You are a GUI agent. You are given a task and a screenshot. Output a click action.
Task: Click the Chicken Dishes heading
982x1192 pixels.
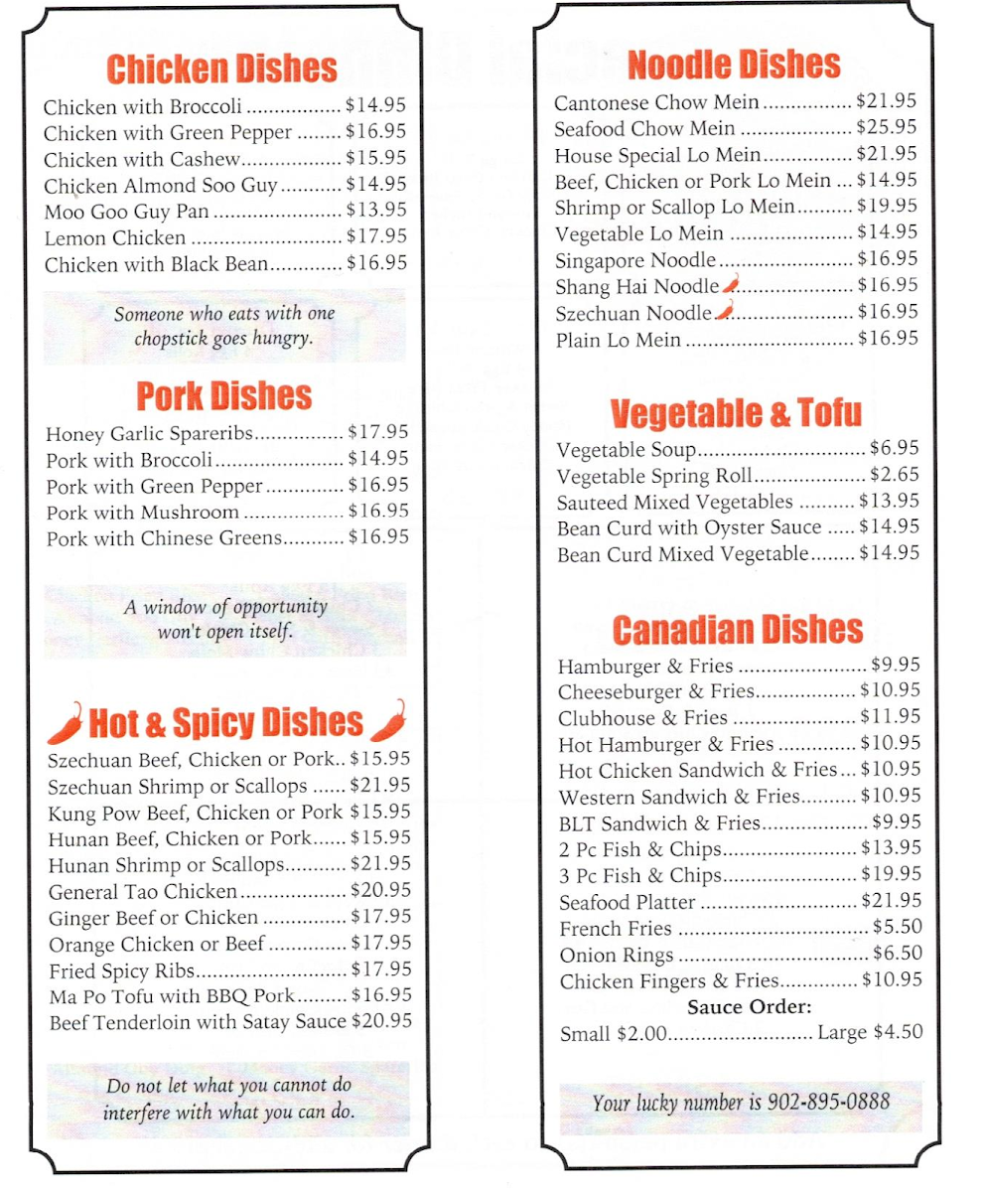[x=221, y=69]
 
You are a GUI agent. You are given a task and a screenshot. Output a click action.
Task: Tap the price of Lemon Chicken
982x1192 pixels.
[x=376, y=237]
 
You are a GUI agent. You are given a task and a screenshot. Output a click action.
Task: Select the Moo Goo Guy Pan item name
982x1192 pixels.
[x=126, y=212]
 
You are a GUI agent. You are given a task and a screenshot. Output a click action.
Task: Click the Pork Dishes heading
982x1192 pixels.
[x=223, y=396]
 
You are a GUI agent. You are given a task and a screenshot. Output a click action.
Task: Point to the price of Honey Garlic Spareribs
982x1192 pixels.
[x=378, y=433]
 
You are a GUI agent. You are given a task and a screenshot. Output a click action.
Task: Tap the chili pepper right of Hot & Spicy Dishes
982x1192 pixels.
[x=388, y=722]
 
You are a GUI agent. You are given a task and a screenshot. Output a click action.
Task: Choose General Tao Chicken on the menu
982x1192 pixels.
[x=143, y=892]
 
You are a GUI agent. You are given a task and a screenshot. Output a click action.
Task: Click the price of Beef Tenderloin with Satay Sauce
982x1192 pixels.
[x=381, y=1021]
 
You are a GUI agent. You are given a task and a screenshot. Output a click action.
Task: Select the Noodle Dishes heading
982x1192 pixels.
[x=734, y=66]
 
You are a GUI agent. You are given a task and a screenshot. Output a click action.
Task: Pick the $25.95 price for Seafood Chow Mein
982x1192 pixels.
[x=887, y=128]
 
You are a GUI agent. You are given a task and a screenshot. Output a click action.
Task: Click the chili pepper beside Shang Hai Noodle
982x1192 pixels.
[x=731, y=284]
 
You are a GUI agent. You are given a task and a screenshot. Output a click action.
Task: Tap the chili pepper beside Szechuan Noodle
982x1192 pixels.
[x=724, y=311]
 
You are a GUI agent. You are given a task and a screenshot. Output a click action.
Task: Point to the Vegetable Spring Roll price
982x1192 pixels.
[x=895, y=475]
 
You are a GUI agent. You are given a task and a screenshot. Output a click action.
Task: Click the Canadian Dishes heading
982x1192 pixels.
[x=737, y=630]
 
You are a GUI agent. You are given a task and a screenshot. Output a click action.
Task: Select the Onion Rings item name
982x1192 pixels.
[x=616, y=956]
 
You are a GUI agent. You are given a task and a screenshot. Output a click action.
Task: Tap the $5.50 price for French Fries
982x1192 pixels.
[x=897, y=928]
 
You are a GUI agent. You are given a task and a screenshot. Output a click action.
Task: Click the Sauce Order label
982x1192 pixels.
[x=750, y=1007]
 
